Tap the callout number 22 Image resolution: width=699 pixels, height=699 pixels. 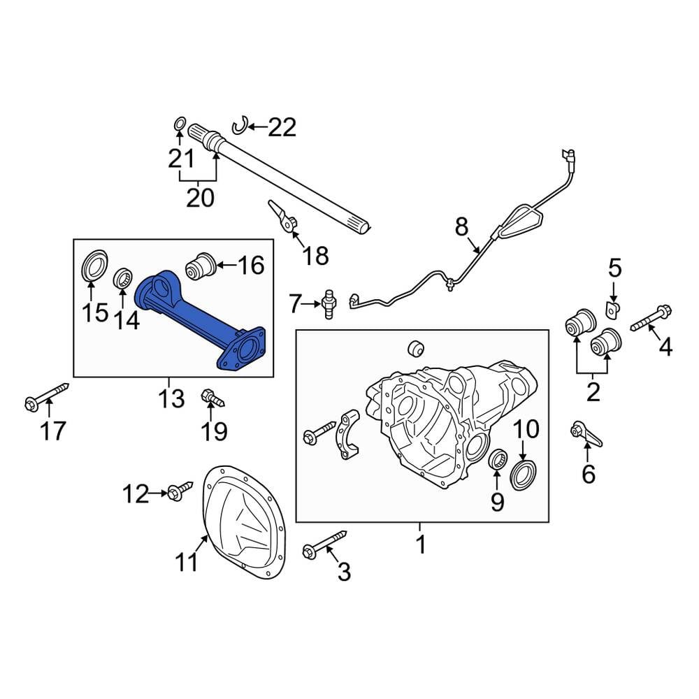pyautogui.click(x=282, y=127)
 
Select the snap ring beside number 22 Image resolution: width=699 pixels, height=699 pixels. pyautogui.click(x=239, y=126)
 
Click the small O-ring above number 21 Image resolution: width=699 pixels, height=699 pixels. pyautogui.click(x=179, y=124)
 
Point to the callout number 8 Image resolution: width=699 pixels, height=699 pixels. pyautogui.click(x=462, y=226)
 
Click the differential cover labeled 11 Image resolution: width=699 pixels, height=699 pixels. pyautogui.click(x=244, y=522)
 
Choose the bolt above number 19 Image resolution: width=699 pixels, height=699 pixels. pyautogui.click(x=212, y=398)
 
